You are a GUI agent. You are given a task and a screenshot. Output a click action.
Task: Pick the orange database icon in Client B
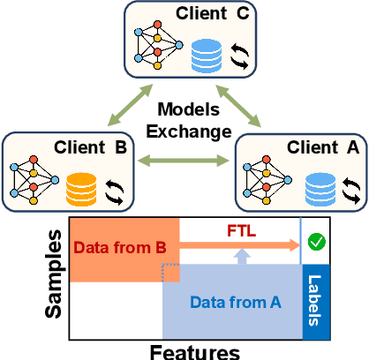point(82,189)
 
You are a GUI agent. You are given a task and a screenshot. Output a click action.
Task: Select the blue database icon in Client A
point(319,189)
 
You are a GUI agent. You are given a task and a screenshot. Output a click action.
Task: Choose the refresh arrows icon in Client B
point(115,189)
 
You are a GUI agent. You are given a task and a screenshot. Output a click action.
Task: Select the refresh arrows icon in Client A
point(350,189)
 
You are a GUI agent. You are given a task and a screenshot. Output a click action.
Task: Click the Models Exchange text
point(184,123)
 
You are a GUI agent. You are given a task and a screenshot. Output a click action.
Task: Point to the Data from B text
point(119,248)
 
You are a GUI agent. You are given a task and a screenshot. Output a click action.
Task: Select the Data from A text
point(235,303)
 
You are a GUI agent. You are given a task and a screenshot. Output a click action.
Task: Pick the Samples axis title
point(55,275)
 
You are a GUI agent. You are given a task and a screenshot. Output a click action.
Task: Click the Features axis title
point(196,351)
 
